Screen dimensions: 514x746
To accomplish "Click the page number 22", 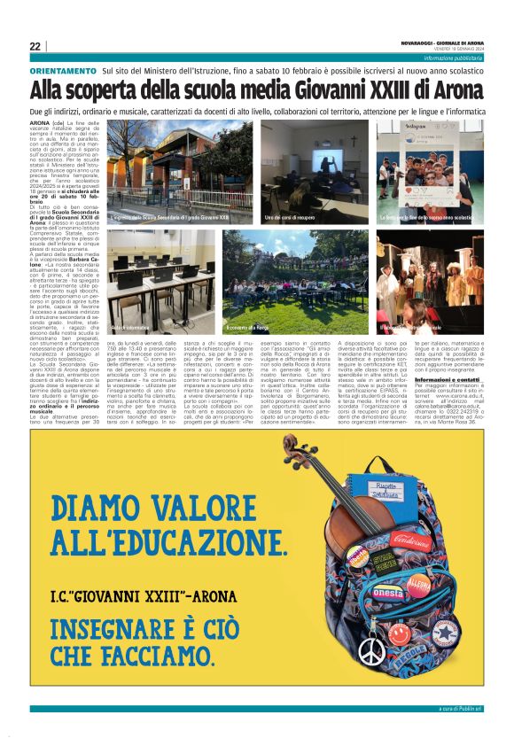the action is click(35, 46).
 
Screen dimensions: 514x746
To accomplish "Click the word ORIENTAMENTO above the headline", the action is click(63, 70).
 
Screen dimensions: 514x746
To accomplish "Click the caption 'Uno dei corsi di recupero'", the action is click(293, 217).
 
